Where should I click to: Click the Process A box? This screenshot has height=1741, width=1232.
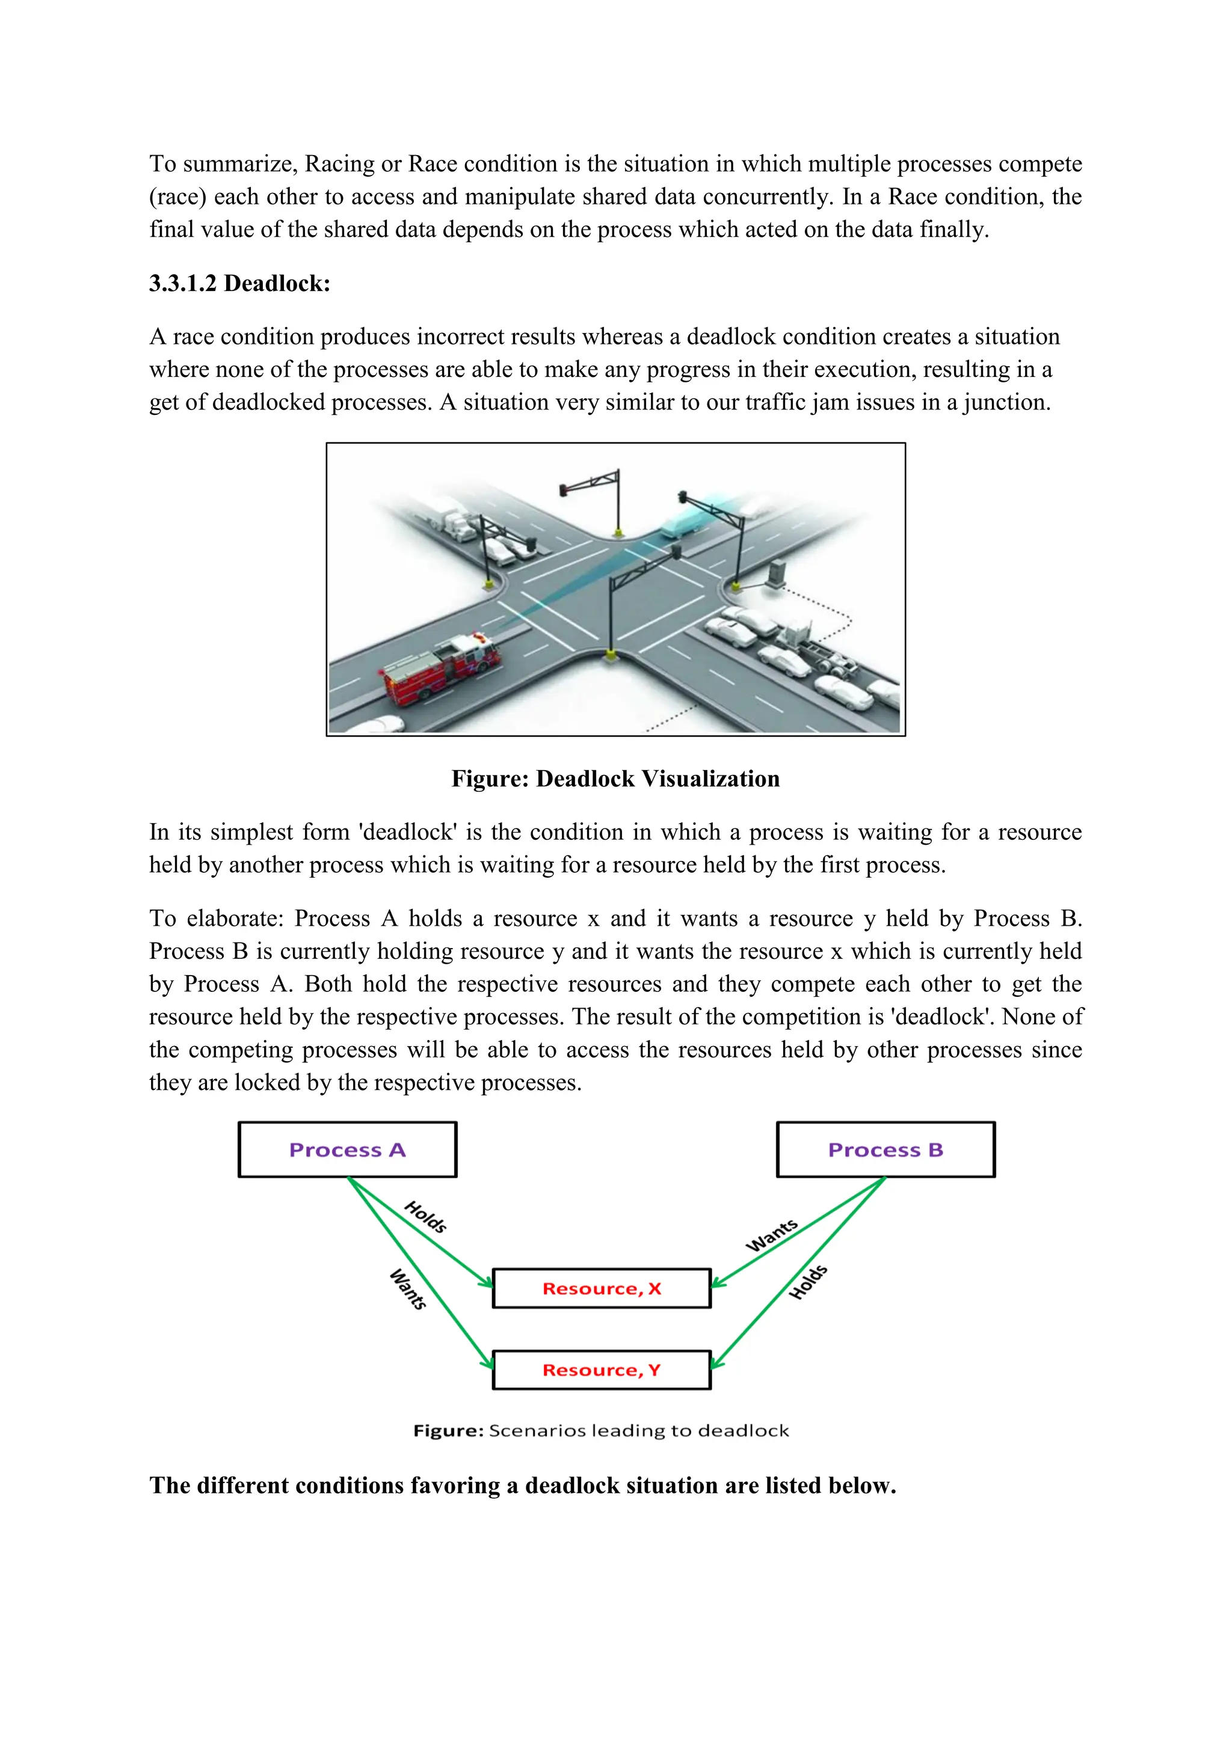(x=348, y=1149)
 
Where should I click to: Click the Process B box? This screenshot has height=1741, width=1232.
(x=885, y=1149)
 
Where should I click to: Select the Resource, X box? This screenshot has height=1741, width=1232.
(x=602, y=1288)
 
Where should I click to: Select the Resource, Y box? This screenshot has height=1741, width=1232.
(x=602, y=1369)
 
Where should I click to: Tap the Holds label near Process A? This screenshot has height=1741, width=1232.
(x=425, y=1216)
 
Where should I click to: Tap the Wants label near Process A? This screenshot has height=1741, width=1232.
(x=408, y=1288)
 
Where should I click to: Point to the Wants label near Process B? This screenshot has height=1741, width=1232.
(x=772, y=1235)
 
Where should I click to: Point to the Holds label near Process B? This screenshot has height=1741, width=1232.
(x=808, y=1282)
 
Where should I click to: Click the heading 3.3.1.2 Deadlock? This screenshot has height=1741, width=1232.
(x=240, y=284)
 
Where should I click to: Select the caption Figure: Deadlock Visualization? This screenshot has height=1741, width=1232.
(x=615, y=779)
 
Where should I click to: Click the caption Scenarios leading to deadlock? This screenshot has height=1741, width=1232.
(x=639, y=1431)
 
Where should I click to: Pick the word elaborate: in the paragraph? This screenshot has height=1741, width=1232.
(x=235, y=918)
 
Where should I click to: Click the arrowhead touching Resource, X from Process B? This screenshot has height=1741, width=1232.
(x=717, y=1283)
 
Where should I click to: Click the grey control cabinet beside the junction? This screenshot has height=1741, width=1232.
(x=776, y=574)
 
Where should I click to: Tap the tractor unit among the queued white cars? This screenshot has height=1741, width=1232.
(x=799, y=635)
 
